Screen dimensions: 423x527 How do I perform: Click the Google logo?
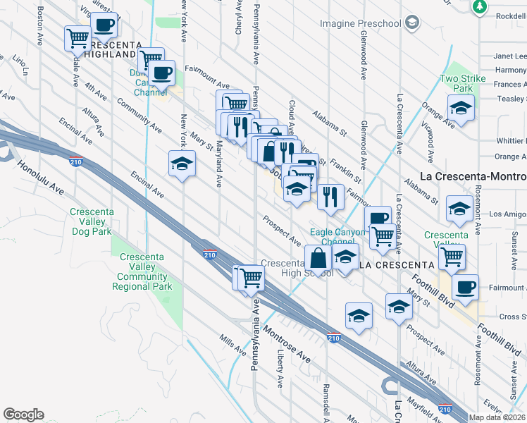click(x=23, y=415)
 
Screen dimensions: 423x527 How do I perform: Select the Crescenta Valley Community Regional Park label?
click(x=144, y=272)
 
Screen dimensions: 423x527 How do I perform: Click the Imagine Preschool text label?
click(x=360, y=23)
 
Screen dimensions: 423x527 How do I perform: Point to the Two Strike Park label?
click(x=462, y=83)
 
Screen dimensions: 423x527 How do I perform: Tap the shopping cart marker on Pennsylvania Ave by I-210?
click(x=249, y=278)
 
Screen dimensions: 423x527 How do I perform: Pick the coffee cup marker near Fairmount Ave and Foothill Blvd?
click(x=466, y=288)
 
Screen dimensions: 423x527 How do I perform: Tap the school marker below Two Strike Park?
click(x=461, y=109)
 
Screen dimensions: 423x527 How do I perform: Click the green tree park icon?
click(x=479, y=6)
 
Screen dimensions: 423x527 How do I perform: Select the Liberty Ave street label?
click(x=280, y=367)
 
